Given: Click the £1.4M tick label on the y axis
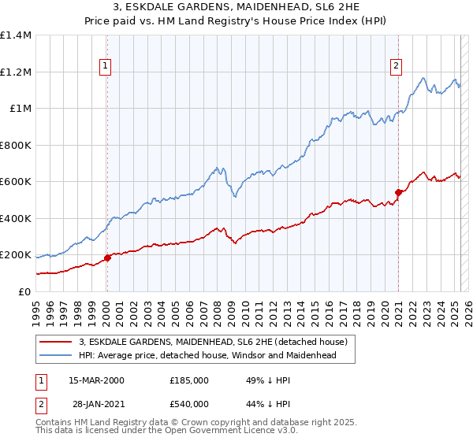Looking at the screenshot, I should [x=16, y=35].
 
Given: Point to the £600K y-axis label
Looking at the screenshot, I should [x=16, y=182].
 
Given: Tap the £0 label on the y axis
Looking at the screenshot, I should [x=24, y=291].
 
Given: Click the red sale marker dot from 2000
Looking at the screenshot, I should [x=107, y=258].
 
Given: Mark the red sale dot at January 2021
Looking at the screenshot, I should [x=399, y=192].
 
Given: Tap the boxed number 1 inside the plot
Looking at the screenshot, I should [x=105, y=66].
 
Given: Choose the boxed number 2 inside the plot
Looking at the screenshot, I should [x=396, y=66].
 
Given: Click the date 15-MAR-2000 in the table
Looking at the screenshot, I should [x=96, y=380].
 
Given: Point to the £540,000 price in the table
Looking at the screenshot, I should [x=189, y=403].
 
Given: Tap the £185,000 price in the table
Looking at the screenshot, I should [x=189, y=380].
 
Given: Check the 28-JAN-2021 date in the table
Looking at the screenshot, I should [x=96, y=403].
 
